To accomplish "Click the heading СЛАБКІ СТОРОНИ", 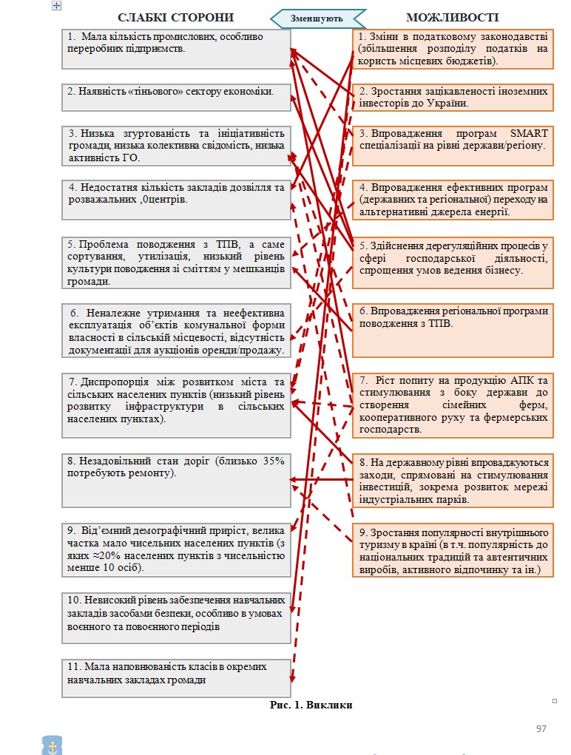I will pos(176,17).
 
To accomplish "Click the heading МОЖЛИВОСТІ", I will pos(453,17).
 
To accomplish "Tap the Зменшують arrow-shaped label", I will pos(317,18).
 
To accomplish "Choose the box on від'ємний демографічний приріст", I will pos(175,549).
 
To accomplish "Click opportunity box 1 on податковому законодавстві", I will pos(453,49).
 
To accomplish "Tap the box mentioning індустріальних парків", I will pos(453,479).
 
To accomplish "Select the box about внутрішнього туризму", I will pos(453,550).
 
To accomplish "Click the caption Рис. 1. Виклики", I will pos(311,705).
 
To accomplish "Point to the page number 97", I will pos(541,729).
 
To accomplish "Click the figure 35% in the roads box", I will pos(274,461).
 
